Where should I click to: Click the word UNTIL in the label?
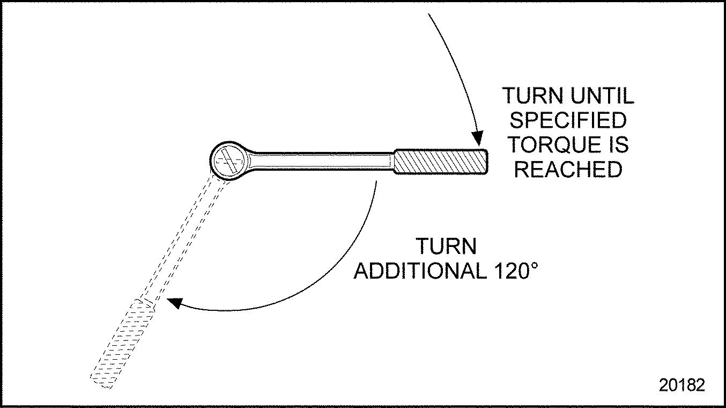tap(602, 96)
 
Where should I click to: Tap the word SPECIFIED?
tap(568, 120)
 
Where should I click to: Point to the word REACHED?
tap(568, 170)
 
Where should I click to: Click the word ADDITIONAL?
tap(419, 272)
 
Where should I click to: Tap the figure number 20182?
tap(682, 385)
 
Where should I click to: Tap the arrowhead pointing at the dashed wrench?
tap(175, 303)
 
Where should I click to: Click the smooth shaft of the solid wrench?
tap(322, 161)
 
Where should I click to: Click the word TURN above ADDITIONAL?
tap(447, 247)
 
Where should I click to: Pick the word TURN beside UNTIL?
tap(532, 96)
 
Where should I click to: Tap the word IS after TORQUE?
tap(618, 145)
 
